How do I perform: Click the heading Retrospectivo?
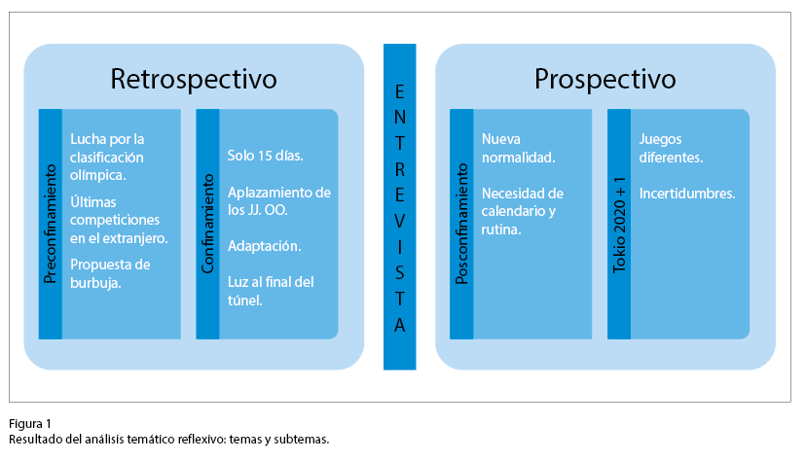(x=194, y=78)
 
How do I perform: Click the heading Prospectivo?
(x=604, y=78)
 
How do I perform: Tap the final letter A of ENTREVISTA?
(x=399, y=327)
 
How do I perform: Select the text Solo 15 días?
(x=266, y=156)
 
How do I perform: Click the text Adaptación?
(x=265, y=247)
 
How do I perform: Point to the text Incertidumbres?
(x=687, y=194)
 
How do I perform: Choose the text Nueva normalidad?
(x=519, y=147)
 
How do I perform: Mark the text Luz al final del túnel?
(x=271, y=292)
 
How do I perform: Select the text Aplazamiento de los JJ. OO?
(x=278, y=201)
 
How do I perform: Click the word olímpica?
(x=97, y=175)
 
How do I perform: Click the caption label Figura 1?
(x=30, y=423)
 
